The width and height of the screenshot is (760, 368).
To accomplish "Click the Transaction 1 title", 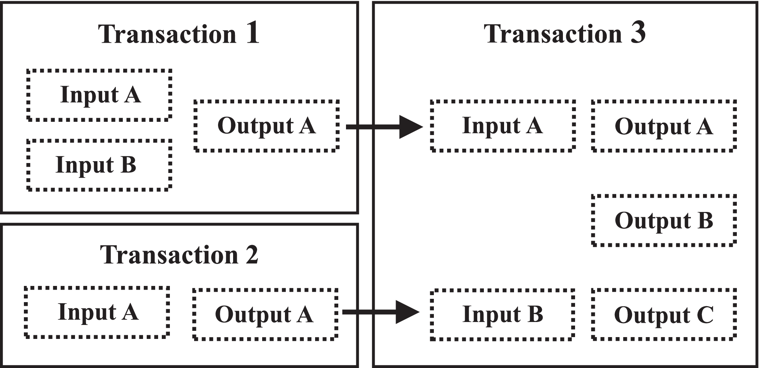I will click(179, 34).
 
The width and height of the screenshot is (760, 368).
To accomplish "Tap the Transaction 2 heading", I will click(179, 255).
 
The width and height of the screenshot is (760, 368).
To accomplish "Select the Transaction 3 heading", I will click(564, 34).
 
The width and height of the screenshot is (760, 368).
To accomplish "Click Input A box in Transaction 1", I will click(100, 95).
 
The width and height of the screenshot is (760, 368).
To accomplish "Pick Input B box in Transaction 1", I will click(100, 165).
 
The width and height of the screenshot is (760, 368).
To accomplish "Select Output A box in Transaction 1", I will click(266, 126).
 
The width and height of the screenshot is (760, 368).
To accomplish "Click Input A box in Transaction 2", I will click(97, 312).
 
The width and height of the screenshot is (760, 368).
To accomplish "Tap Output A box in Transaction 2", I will click(265, 314).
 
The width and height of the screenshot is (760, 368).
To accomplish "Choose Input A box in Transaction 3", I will click(503, 126).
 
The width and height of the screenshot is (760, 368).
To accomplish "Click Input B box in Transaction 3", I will click(503, 314).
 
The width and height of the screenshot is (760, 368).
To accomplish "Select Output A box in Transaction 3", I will click(664, 126).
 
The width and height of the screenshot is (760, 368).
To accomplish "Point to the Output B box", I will click(664, 220).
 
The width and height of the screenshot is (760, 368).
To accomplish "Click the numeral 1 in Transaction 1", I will click(252, 33).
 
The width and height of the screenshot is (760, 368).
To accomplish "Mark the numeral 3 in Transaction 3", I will click(638, 33).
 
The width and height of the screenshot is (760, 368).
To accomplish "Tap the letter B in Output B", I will click(704, 220).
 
